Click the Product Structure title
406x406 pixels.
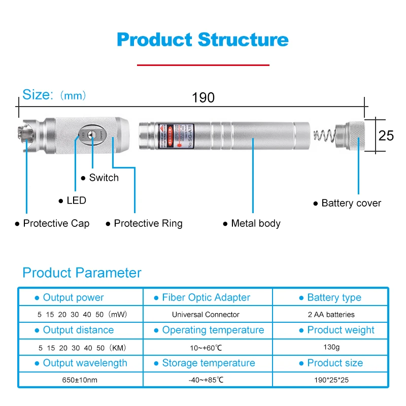pyautogui.click(x=203, y=40)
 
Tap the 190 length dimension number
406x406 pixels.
pyautogui.click(x=203, y=97)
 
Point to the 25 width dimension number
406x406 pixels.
pyautogui.click(x=386, y=136)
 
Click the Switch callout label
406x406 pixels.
pyautogui.click(x=104, y=178)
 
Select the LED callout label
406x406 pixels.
pyautogui.click(x=76, y=200)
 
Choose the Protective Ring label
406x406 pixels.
pyautogui.click(x=148, y=223)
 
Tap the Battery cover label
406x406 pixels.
pyautogui.click(x=351, y=203)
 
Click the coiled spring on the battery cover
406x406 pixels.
pyautogui.click(x=325, y=135)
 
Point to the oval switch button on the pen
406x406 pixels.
pyautogui.click(x=91, y=134)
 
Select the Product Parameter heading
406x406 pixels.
pyautogui.click(x=82, y=273)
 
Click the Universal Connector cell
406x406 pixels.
pyautogui.click(x=206, y=315)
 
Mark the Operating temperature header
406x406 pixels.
pyautogui.click(x=213, y=330)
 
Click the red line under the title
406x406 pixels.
pyautogui.click(x=203, y=65)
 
